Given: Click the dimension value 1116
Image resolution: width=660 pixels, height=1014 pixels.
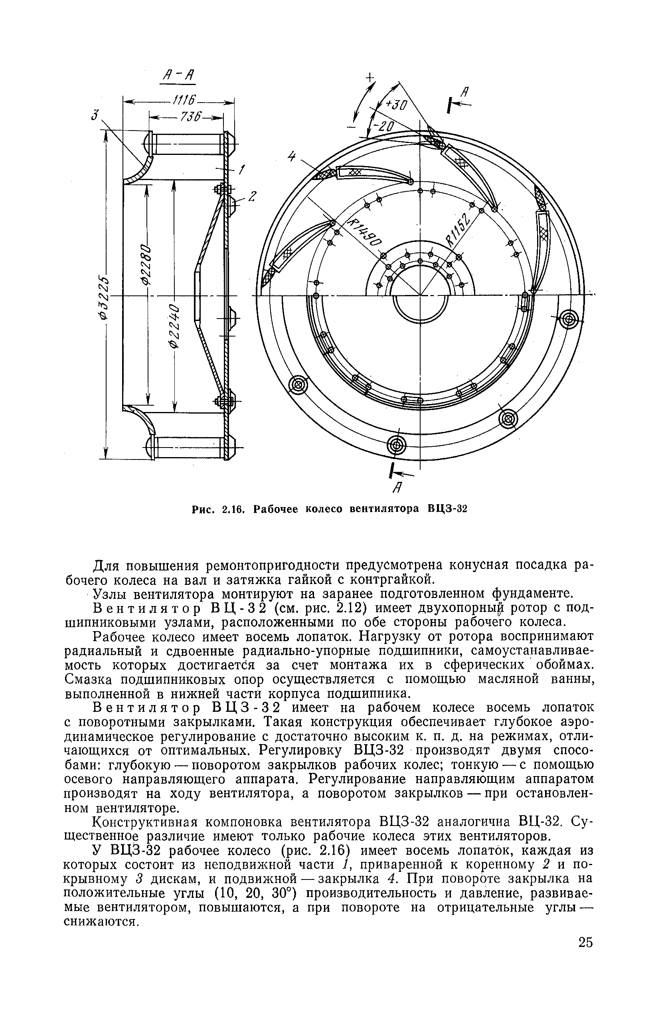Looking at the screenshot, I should point(184,101).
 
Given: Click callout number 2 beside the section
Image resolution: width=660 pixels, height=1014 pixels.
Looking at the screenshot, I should point(252,196).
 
